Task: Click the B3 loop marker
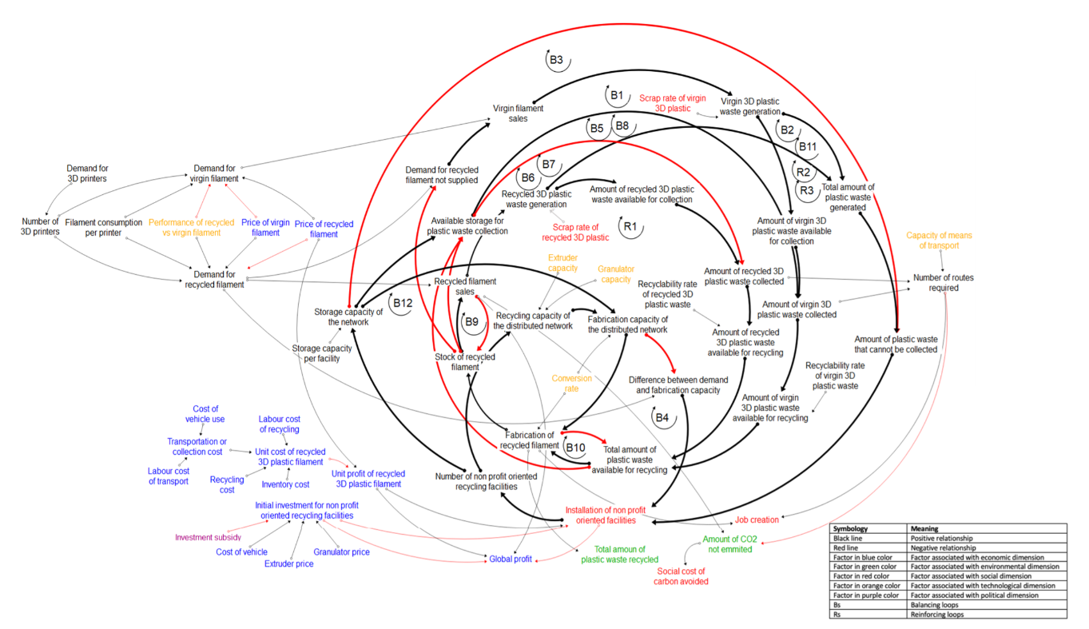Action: click(x=557, y=60)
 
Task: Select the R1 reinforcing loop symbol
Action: click(x=630, y=226)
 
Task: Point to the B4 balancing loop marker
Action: click(x=662, y=417)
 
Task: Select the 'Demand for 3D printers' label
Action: click(x=87, y=173)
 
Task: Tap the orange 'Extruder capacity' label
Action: click(x=562, y=263)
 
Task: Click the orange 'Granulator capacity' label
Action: click(x=614, y=274)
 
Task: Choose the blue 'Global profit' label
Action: click(x=511, y=559)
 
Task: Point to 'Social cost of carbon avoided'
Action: click(x=682, y=576)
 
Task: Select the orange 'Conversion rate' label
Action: click(x=566, y=384)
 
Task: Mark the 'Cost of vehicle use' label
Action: click(x=205, y=414)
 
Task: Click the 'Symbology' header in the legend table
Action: click(x=852, y=529)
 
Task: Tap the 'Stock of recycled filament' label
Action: click(x=464, y=362)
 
